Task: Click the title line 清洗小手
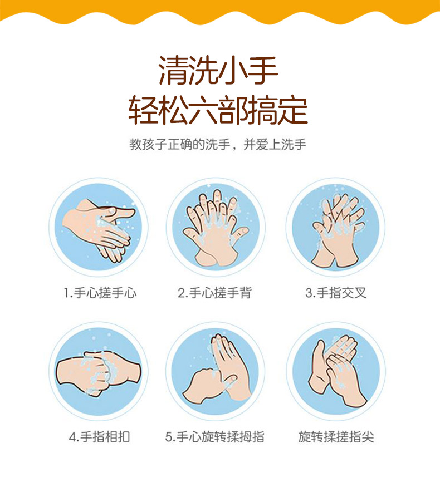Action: (x=218, y=71)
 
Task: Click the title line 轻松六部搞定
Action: (x=218, y=110)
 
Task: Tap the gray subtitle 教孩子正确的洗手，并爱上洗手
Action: (x=218, y=144)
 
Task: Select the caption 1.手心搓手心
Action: (x=100, y=293)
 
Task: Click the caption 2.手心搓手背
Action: (x=214, y=293)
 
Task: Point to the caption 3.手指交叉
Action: (x=336, y=293)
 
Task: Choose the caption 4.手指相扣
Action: (x=100, y=437)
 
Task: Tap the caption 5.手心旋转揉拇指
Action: (x=215, y=437)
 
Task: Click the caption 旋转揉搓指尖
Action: (x=336, y=437)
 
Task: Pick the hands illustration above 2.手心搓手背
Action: (x=216, y=228)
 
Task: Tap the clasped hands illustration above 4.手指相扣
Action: (x=98, y=373)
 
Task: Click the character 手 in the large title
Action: (x=262, y=71)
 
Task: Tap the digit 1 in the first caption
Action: (x=66, y=293)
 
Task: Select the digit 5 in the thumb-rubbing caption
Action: (x=168, y=437)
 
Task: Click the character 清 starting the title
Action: (x=173, y=71)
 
